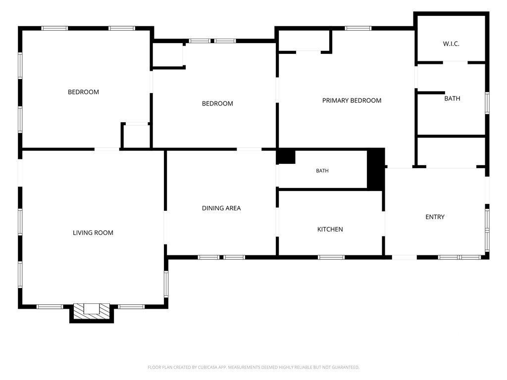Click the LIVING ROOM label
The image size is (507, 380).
coord(93,233)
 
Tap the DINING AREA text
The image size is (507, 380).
coord(221,208)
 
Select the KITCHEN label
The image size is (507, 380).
coord(330,230)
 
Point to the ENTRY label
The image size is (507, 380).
coord(435,217)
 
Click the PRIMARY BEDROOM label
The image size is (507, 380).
coord(352,100)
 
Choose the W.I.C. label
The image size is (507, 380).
coord(451,44)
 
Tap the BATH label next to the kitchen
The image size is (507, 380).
coord(322,171)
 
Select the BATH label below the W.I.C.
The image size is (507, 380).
coord(452,98)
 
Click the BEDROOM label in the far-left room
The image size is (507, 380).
coord(83,92)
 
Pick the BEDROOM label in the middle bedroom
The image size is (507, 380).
coord(217,104)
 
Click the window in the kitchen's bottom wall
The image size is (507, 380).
coord(331,257)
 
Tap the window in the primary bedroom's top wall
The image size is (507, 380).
coord(358,28)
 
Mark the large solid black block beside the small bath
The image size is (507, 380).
coord(376,168)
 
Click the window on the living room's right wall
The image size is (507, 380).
coord(166,284)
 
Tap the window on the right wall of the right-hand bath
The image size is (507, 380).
coord(487,103)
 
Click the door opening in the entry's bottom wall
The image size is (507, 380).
coord(404,257)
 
